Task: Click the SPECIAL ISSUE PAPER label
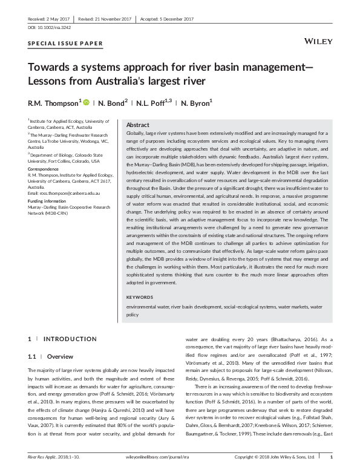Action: tap(65, 44)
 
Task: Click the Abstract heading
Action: tap(137, 125)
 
